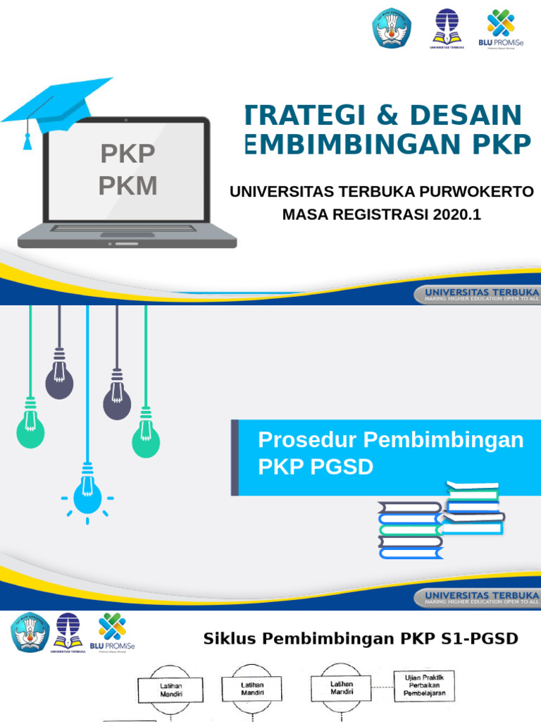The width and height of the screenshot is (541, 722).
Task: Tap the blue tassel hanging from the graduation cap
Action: [27, 141]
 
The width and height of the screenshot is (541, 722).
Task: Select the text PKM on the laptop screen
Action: [128, 185]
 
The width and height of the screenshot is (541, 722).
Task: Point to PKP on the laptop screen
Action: [128, 153]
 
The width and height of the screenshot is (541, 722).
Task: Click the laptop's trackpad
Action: [127, 234]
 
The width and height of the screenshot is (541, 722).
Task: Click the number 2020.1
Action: [457, 214]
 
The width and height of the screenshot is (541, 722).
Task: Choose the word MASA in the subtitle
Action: [305, 214]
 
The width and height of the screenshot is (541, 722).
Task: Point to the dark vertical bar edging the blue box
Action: [235, 457]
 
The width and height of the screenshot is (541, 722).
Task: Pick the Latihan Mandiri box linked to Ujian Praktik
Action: [341, 688]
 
